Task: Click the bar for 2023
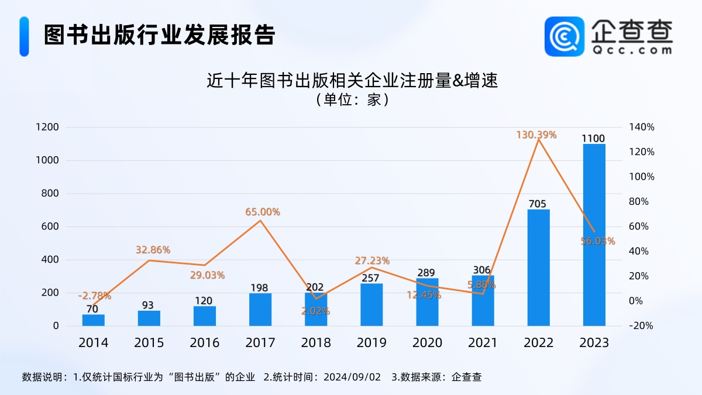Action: (594, 234)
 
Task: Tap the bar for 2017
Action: (260, 310)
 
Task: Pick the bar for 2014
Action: (93, 320)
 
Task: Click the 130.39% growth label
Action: (536, 135)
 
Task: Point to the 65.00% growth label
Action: (263, 212)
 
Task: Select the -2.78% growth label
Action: (94, 296)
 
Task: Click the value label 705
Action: (538, 204)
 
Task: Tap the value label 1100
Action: (593, 138)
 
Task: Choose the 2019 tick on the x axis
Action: (371, 343)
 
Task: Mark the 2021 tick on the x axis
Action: (483, 343)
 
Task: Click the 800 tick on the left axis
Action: (47, 194)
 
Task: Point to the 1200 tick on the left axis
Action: (47, 128)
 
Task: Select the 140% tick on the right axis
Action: (642, 128)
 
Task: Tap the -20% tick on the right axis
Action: (642, 326)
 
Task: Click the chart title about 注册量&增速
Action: (352, 80)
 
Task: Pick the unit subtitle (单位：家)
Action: (352, 99)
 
